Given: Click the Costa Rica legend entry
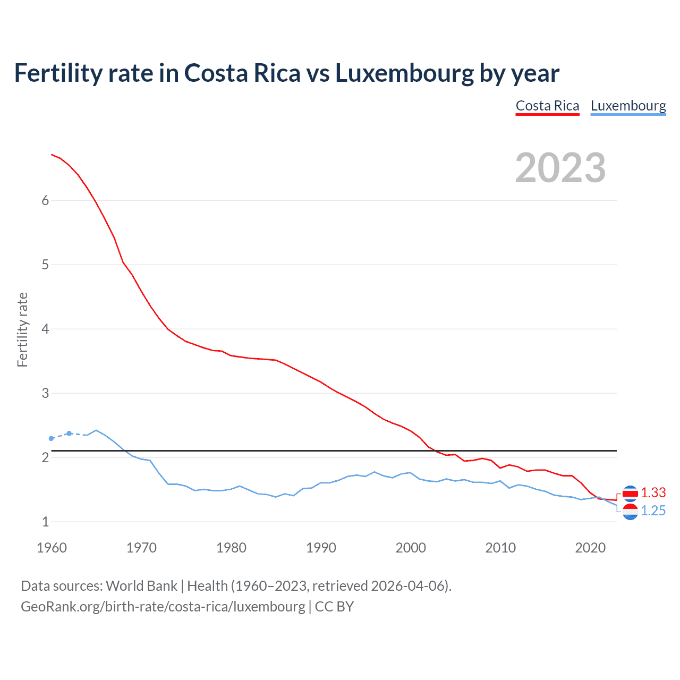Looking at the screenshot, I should (x=547, y=106).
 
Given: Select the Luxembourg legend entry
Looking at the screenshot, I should (x=628, y=106).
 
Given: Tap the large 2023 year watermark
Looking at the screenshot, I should (x=560, y=168).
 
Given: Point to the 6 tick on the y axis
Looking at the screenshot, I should (x=45, y=200).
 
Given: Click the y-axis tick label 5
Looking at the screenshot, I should (x=45, y=265).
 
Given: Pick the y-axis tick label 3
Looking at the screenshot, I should (x=45, y=393).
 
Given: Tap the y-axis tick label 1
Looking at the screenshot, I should (x=45, y=522).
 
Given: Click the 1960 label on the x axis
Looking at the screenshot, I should (x=52, y=548).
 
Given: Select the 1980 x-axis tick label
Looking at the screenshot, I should (x=231, y=548).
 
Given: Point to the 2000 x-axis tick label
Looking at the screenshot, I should (x=411, y=548).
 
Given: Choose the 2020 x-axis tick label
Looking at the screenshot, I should (x=590, y=548).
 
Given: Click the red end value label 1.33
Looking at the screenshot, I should (x=653, y=493).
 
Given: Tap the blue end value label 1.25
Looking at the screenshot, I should (x=653, y=511).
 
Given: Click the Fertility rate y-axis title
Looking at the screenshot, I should (x=22, y=329).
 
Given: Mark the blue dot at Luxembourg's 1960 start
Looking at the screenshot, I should (x=52, y=438).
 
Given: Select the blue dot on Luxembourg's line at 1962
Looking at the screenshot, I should (x=69, y=433).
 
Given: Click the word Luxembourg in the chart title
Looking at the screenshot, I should (x=404, y=73).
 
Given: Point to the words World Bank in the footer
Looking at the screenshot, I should (x=141, y=586).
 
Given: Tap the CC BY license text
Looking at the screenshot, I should (x=334, y=607).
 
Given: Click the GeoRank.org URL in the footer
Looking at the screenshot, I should (x=163, y=607).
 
